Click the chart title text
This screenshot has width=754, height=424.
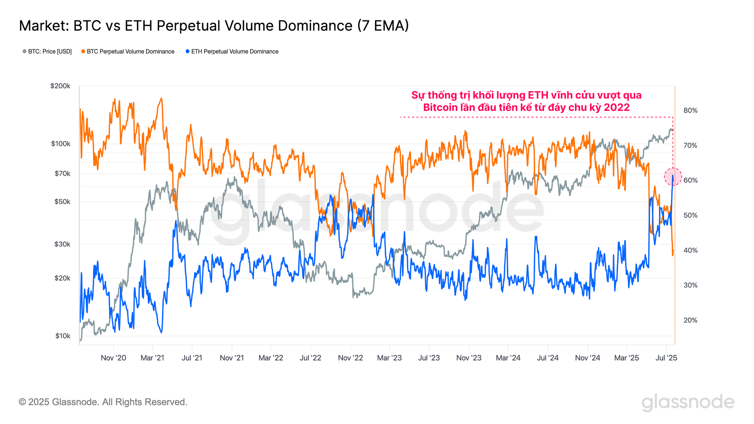coord(214,26)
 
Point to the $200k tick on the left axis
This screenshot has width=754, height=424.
coord(60,86)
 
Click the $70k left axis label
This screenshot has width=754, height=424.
coord(62,174)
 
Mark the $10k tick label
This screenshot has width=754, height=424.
coord(63,336)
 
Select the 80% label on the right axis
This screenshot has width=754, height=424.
coord(690,110)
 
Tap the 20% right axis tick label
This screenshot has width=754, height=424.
coord(690,320)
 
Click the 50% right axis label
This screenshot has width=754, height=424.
coord(690,215)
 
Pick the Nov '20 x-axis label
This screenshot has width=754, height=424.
coord(113,358)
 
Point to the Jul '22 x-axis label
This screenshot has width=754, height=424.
coord(310,358)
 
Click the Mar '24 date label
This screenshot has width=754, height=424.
coord(508,358)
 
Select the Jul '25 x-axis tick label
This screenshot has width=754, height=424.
coord(666,358)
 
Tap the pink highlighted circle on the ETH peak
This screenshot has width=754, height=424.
coord(673,176)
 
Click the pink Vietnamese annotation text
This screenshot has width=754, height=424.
coord(526,101)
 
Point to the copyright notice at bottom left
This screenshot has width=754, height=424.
coord(103,402)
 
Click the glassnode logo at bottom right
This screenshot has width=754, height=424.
coord(688,402)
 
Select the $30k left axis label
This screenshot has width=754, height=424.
coord(62,244)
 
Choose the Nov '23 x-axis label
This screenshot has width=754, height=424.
coord(469,358)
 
